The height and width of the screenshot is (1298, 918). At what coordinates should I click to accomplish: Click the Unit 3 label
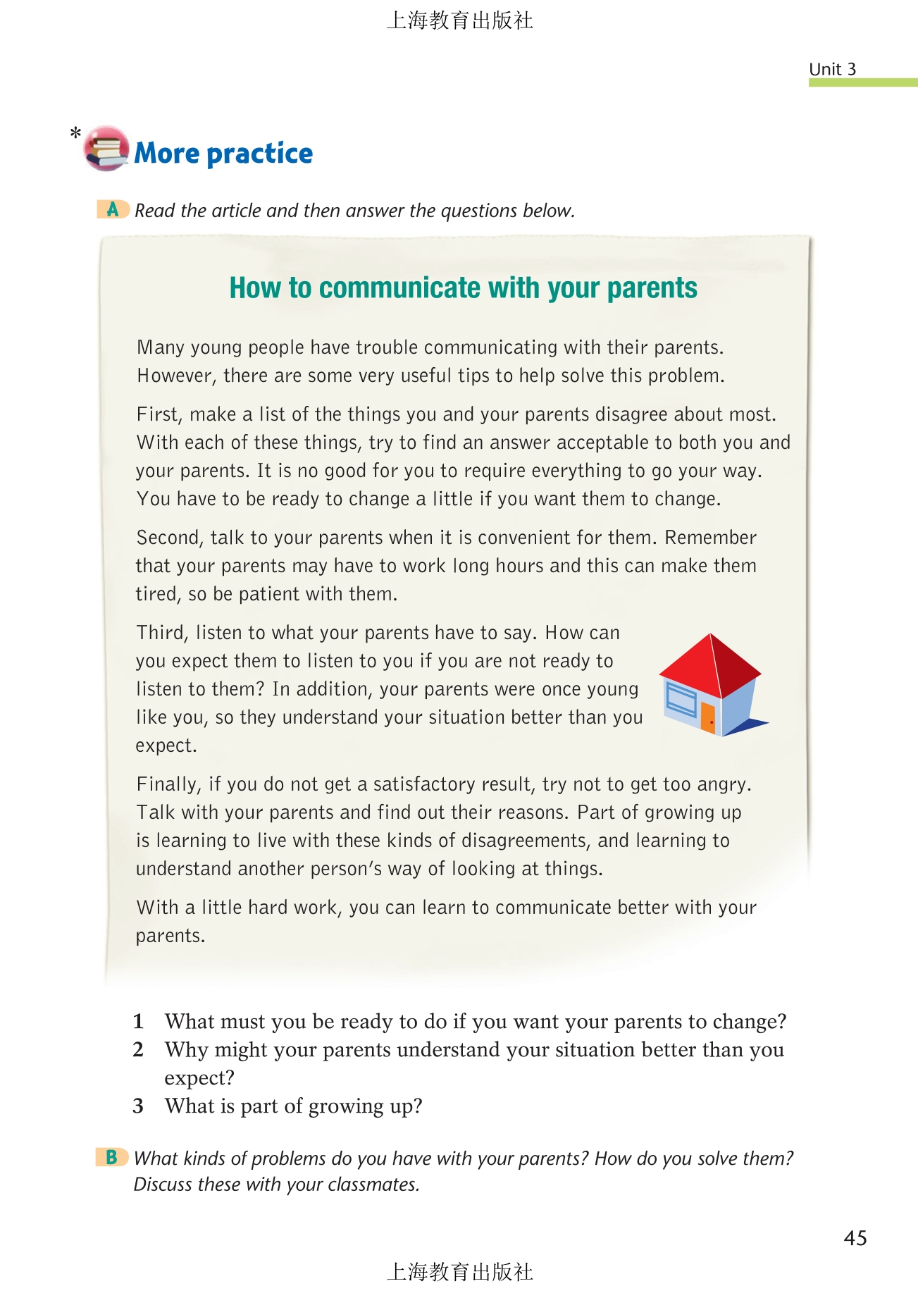pos(832,69)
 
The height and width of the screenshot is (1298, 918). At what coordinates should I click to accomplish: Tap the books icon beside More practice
pos(106,149)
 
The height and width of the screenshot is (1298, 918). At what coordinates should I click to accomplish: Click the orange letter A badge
pos(113,209)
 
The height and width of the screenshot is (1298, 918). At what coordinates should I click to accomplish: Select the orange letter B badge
pos(111,1157)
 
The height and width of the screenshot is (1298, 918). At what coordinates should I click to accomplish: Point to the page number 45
pos(855,1238)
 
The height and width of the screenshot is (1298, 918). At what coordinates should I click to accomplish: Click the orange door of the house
pos(707,717)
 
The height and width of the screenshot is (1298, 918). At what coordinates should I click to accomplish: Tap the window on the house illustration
pos(681,700)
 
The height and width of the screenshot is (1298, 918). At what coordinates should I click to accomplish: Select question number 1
pos(138,1021)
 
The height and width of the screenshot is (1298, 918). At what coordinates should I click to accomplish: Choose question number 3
pos(138,1106)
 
